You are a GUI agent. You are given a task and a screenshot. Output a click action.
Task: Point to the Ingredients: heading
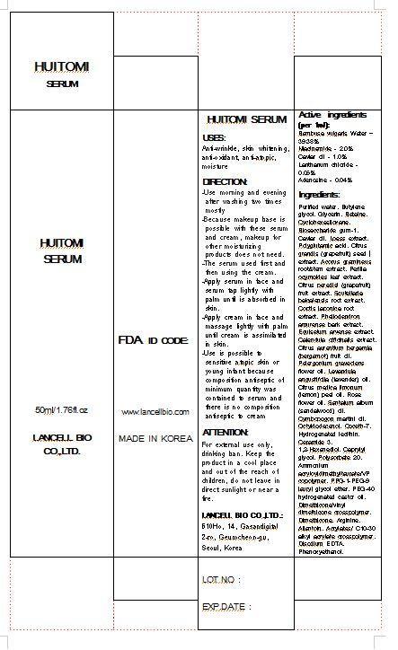(x=319, y=195)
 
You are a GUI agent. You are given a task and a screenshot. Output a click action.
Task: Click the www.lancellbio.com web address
(x=155, y=411)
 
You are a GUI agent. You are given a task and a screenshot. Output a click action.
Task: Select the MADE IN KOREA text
(x=155, y=439)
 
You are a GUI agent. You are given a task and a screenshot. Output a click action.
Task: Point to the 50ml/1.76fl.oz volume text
(x=62, y=409)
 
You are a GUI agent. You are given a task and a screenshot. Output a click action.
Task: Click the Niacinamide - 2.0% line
(x=326, y=148)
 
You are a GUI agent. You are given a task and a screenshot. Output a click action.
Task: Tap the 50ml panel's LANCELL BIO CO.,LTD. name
(x=62, y=445)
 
